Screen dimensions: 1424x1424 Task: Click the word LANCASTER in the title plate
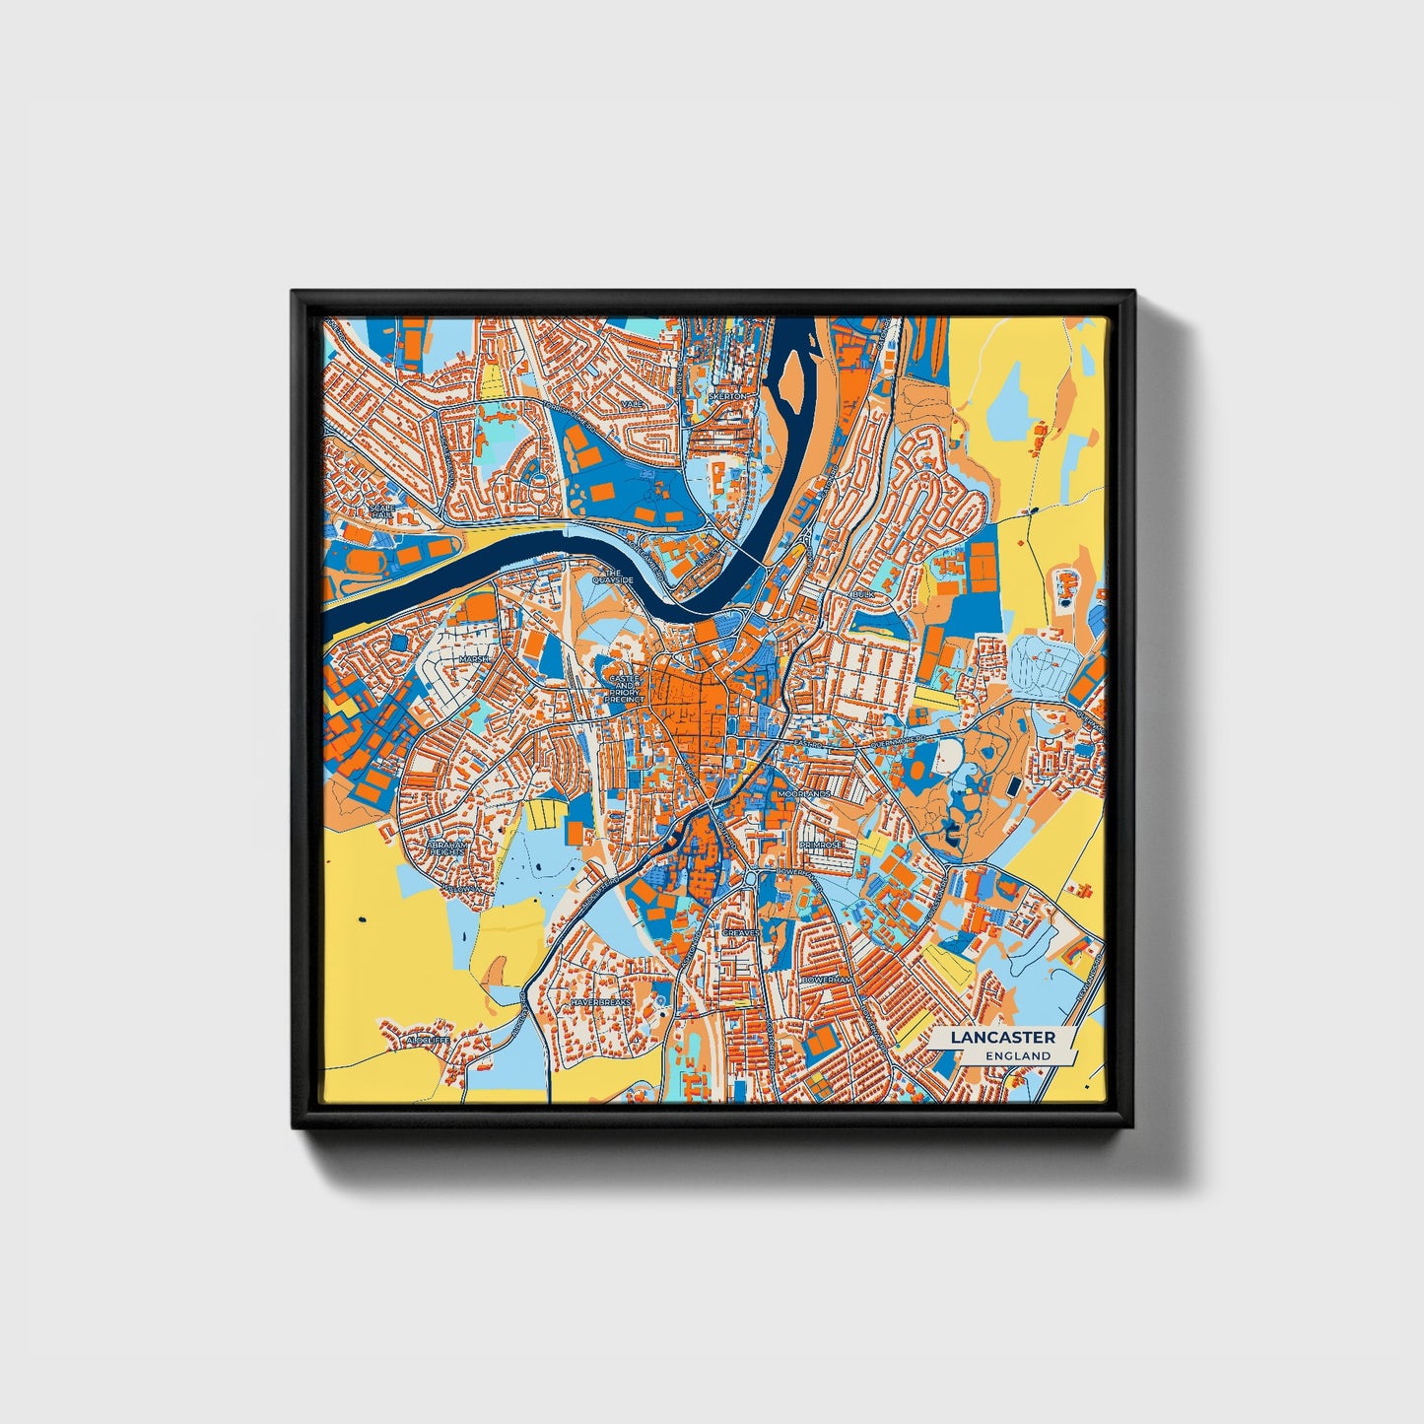[1003, 1037]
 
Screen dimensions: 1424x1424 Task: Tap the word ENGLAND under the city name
[1017, 1055]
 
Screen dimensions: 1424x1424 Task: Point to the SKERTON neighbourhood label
[727, 396]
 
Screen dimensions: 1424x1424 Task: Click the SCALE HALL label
[379, 510]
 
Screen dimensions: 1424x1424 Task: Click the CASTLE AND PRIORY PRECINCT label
[625, 688]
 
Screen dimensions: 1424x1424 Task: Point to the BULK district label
[863, 596]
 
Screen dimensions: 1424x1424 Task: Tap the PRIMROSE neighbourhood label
[820, 846]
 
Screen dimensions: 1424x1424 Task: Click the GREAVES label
[741, 931]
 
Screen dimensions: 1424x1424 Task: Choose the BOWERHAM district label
[826, 981]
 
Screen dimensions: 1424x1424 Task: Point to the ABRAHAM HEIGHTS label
[445, 848]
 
